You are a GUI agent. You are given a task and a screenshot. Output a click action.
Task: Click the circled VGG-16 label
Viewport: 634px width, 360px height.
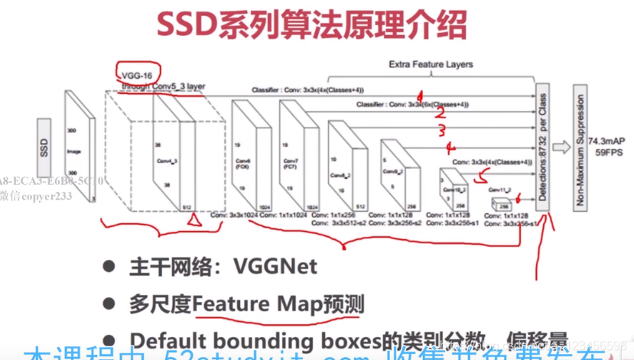135,74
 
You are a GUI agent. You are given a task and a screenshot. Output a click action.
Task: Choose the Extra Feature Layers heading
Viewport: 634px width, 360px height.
431,65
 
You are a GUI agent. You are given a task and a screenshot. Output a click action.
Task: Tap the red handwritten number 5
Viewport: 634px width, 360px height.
480,177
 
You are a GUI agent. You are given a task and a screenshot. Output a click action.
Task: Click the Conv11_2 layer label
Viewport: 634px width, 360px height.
499,189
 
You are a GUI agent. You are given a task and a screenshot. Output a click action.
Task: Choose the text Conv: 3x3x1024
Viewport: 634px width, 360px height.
234,216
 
